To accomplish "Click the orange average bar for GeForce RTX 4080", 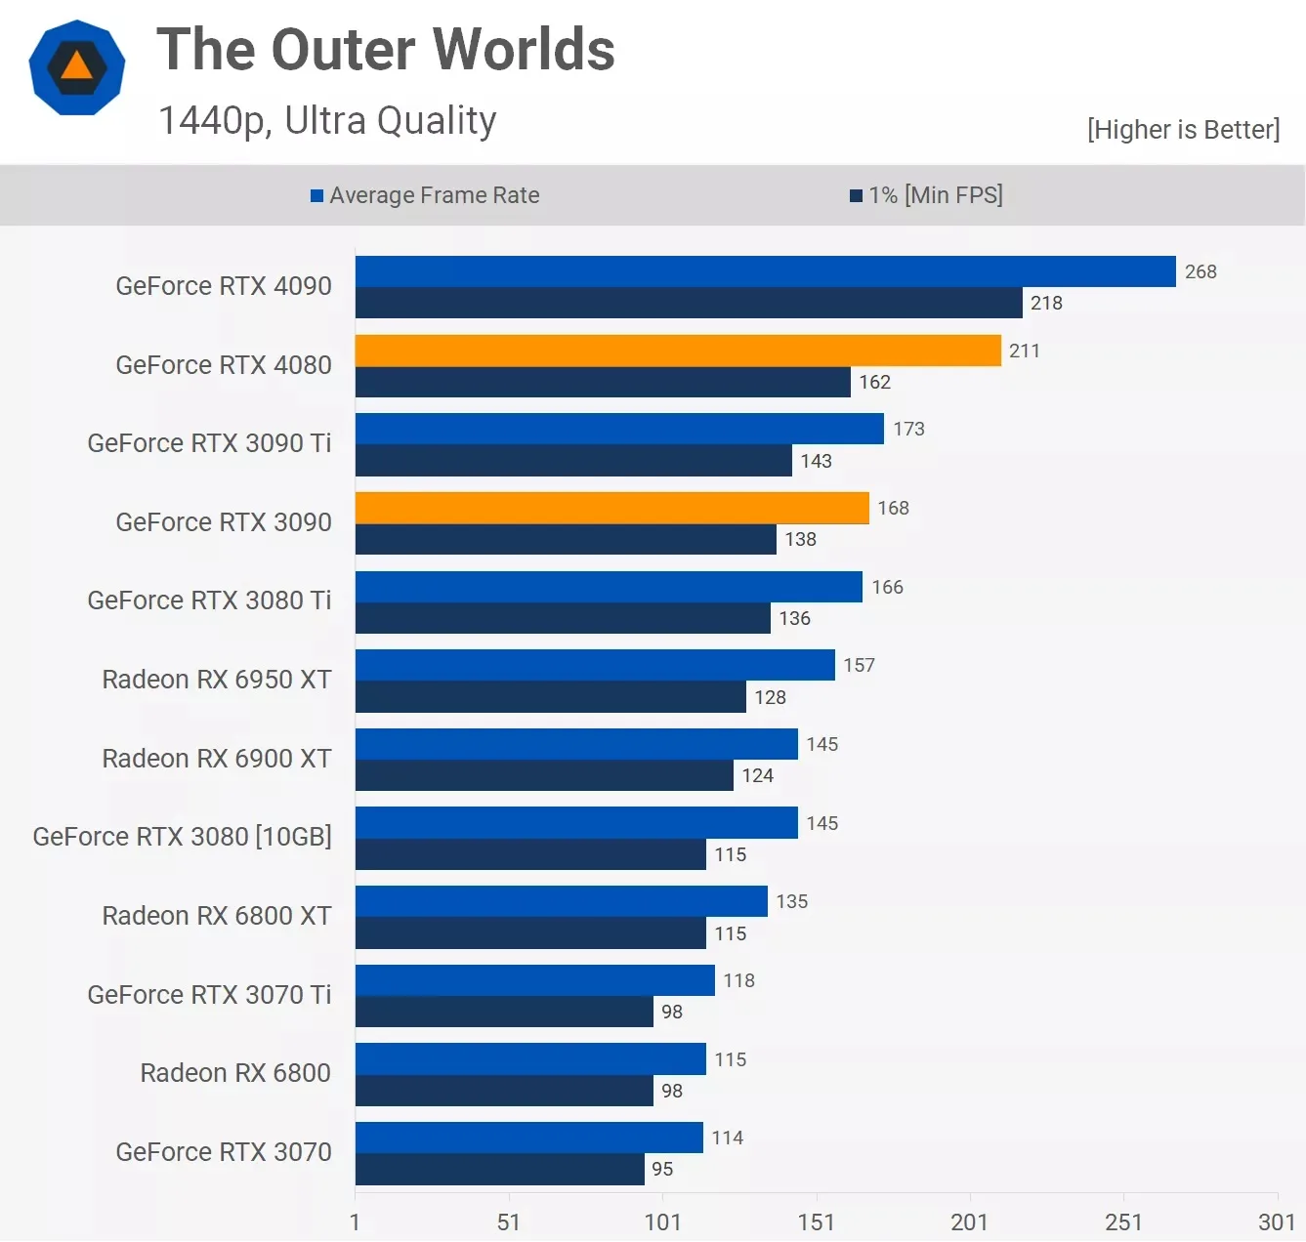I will pyautogui.click(x=678, y=351).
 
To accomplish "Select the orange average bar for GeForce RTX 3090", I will pyautogui.click(x=611, y=508).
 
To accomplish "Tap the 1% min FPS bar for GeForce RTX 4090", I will pyautogui.click(x=689, y=303).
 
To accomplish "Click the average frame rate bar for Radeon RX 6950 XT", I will pyautogui.click(x=595, y=665).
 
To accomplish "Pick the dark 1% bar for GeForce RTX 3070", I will pyautogui.click(x=499, y=1170).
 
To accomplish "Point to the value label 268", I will pyautogui.click(x=1201, y=271).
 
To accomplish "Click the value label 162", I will pyautogui.click(x=874, y=382).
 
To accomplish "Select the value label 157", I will pyautogui.click(x=859, y=665).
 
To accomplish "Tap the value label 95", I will pyautogui.click(x=662, y=1169).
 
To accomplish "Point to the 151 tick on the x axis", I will pyautogui.click(x=816, y=1221).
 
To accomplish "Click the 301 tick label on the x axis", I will pyautogui.click(x=1276, y=1221).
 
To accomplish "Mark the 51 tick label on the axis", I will pyautogui.click(x=508, y=1221).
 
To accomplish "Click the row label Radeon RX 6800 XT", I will pyautogui.click(x=217, y=916).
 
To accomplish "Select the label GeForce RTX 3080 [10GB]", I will pyautogui.click(x=182, y=837).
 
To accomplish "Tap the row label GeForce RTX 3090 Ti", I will pyautogui.click(x=209, y=443).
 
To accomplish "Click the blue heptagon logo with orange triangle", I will pyautogui.click(x=77, y=67).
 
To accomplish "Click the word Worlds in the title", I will pyautogui.click(x=524, y=50).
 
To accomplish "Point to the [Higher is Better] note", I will pyautogui.click(x=1183, y=130).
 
